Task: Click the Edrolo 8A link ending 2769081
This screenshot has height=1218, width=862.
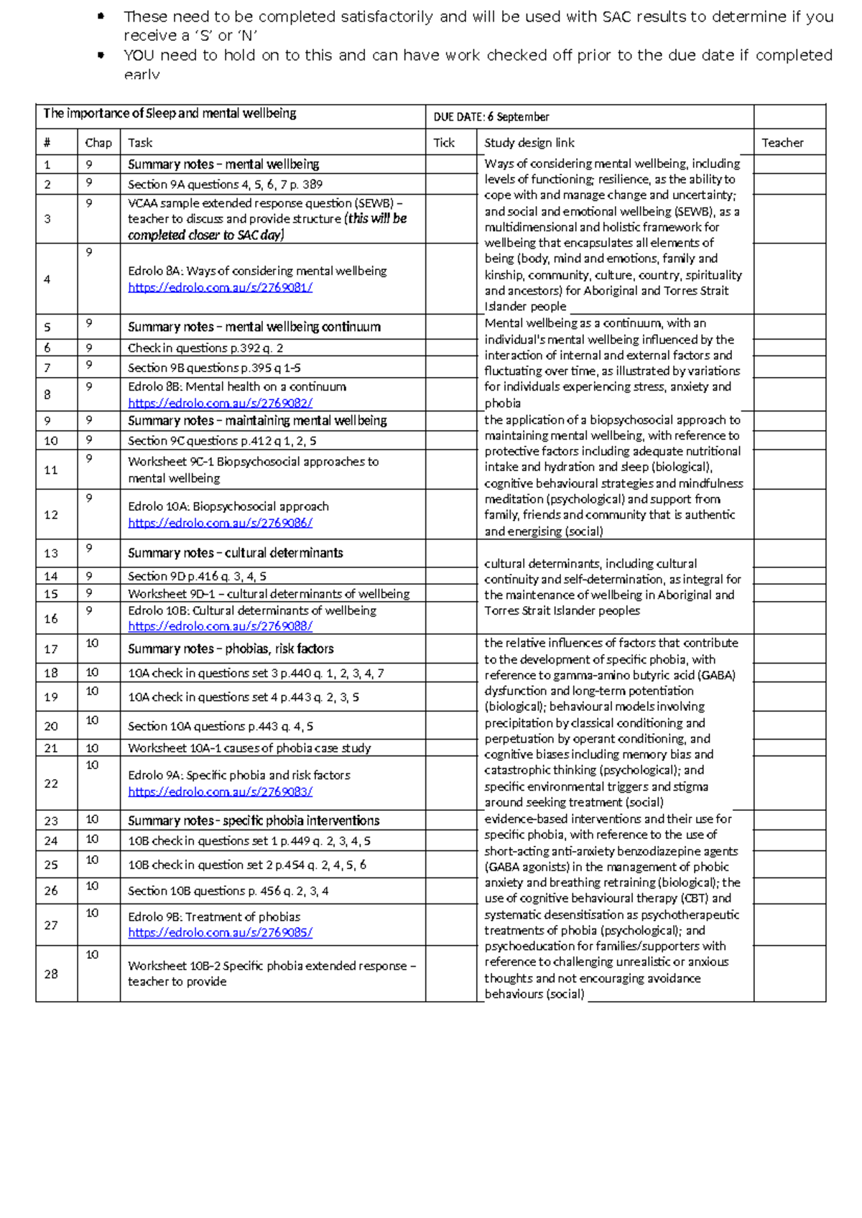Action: point(220,287)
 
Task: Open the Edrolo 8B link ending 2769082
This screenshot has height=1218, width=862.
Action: point(220,403)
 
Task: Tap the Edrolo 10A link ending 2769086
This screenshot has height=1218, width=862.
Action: point(220,523)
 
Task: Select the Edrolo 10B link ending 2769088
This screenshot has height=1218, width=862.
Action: point(220,626)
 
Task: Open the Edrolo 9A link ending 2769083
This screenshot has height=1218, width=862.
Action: point(220,791)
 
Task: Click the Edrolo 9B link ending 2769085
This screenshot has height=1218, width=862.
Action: point(220,932)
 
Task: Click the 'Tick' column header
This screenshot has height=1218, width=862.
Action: point(444,143)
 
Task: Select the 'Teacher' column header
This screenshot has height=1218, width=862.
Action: point(782,143)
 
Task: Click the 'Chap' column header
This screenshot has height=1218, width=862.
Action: point(98,143)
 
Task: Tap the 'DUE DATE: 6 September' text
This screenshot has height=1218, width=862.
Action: point(491,116)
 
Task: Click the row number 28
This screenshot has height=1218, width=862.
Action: point(51,974)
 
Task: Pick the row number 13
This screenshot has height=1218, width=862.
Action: point(51,553)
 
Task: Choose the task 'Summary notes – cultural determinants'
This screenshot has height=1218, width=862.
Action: point(235,553)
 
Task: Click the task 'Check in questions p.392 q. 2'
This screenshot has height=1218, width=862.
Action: point(205,348)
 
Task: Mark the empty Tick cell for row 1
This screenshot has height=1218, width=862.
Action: point(450,164)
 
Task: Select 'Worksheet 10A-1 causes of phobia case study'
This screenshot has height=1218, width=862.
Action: point(249,748)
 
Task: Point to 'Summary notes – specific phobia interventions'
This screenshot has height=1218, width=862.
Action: point(254,820)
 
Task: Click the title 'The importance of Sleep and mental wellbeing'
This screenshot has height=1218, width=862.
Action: point(170,113)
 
